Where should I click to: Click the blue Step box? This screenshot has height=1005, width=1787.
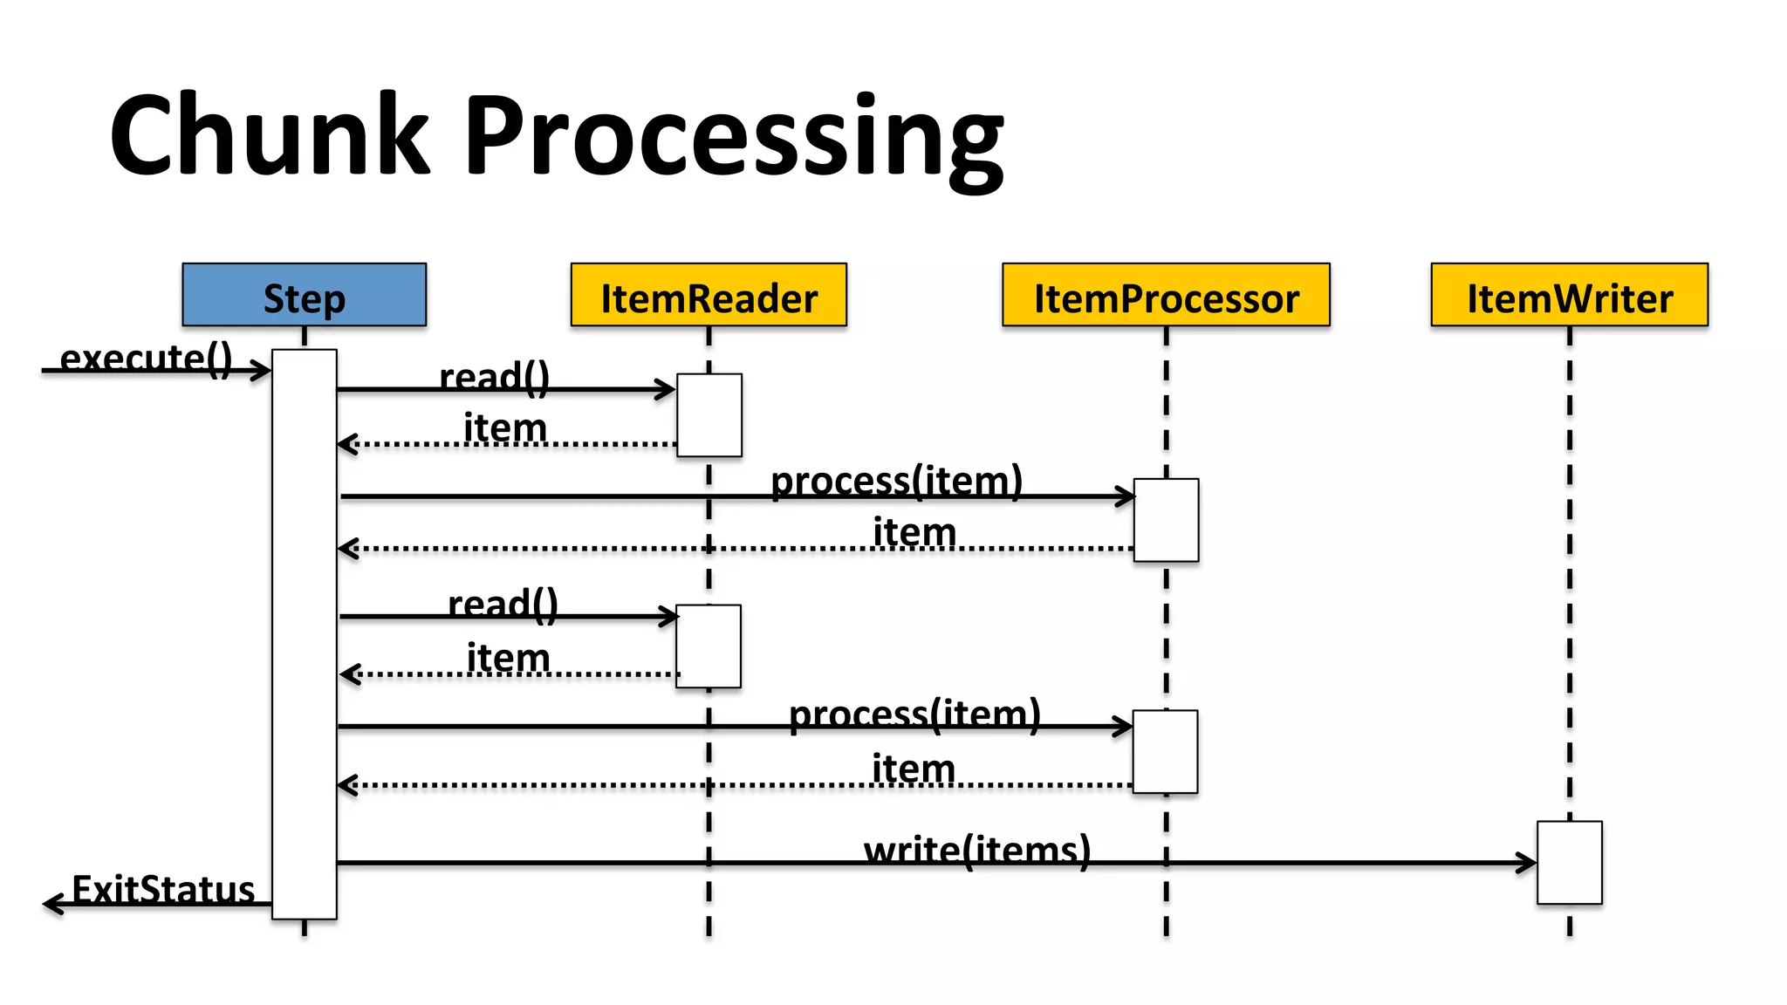tap(304, 295)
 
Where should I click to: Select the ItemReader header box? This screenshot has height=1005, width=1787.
tap(709, 295)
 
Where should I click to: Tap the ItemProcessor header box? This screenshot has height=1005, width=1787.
tap(1166, 295)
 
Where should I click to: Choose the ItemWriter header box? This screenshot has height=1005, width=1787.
tap(1569, 295)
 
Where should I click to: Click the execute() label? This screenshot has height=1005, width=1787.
tap(146, 358)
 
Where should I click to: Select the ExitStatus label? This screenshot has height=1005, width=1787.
tap(163, 889)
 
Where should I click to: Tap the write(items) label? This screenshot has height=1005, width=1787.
tap(977, 849)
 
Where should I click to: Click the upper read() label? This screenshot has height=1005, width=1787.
tap(494, 378)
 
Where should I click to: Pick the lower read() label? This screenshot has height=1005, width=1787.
tap(503, 604)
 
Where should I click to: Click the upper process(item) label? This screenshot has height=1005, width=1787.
tap(896, 481)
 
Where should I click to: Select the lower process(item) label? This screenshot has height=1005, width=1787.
tap(914, 714)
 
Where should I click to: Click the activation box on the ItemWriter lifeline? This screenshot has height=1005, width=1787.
tap(1569, 862)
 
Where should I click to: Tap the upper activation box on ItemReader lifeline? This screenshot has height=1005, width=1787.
tap(709, 415)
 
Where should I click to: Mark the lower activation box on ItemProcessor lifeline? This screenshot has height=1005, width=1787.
tap(1165, 751)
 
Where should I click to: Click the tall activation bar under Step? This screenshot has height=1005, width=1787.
tap(304, 634)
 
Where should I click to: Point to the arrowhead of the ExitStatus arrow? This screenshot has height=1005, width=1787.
tap(51, 905)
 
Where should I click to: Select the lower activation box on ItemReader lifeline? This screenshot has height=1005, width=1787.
tap(708, 646)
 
